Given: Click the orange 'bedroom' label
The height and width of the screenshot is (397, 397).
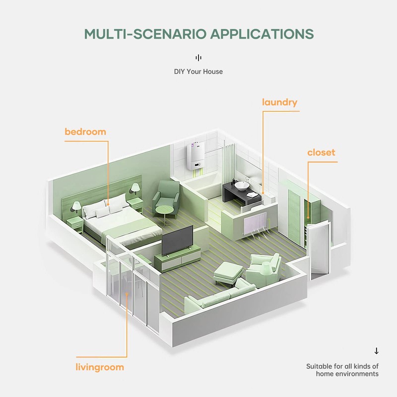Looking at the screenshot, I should coord(85,132).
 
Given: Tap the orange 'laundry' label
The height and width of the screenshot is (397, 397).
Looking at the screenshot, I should coord(280,103).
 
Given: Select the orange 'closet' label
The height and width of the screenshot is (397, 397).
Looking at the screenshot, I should coord(321,152).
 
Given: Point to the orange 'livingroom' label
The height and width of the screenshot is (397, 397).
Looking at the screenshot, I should coord(100,368).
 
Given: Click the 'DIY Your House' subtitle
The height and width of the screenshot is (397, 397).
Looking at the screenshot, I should coord(198,71).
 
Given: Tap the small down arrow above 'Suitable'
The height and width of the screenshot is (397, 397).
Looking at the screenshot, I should coord(376,351).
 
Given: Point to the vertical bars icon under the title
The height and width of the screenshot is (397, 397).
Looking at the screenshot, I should coord(198,58).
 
